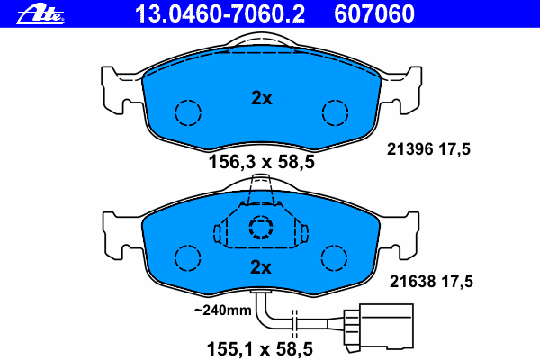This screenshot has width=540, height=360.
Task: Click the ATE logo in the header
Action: (x=40, y=14)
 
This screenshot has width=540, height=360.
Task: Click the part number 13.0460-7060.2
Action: (x=220, y=13)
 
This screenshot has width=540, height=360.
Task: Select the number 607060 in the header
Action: (x=374, y=13)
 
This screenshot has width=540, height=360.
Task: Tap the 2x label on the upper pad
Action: (x=262, y=98)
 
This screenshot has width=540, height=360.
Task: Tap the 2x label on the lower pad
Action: (x=261, y=267)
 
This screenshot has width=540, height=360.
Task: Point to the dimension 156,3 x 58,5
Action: (x=262, y=162)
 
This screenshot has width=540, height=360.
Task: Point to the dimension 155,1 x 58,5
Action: (x=260, y=349)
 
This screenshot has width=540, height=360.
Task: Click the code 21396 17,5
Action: (x=428, y=149)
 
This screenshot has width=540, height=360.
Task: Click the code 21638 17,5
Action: (x=431, y=282)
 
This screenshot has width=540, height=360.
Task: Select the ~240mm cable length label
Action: (x=223, y=310)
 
